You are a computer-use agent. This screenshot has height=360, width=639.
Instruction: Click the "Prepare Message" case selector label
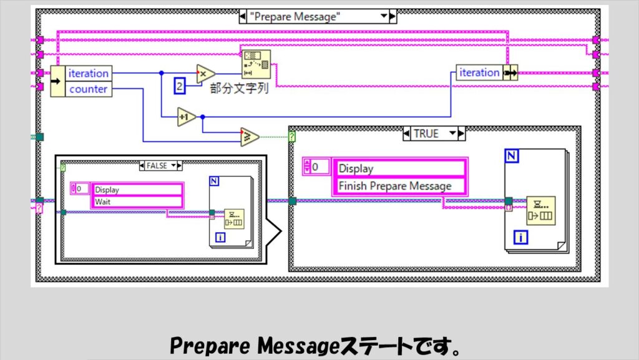(317, 17)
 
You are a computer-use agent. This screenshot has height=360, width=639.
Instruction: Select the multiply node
(205, 74)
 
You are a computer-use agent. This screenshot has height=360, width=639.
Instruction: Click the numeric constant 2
(180, 87)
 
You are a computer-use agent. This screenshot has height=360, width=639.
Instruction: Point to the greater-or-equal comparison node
(249, 137)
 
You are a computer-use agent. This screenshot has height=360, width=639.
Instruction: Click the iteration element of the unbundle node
(88, 73)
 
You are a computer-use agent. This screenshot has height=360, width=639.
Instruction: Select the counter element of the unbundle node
(88, 89)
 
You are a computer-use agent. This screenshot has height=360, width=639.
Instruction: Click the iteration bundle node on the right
(479, 73)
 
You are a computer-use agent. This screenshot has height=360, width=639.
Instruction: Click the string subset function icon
(255, 63)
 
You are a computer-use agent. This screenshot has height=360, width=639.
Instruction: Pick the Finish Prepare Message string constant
(394, 185)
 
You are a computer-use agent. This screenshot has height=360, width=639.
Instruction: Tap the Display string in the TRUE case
(356, 168)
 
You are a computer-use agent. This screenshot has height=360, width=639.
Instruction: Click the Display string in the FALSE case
(107, 190)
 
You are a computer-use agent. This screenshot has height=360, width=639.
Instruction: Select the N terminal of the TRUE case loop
(512, 156)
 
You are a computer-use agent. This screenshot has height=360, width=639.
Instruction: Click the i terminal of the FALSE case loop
(220, 237)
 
